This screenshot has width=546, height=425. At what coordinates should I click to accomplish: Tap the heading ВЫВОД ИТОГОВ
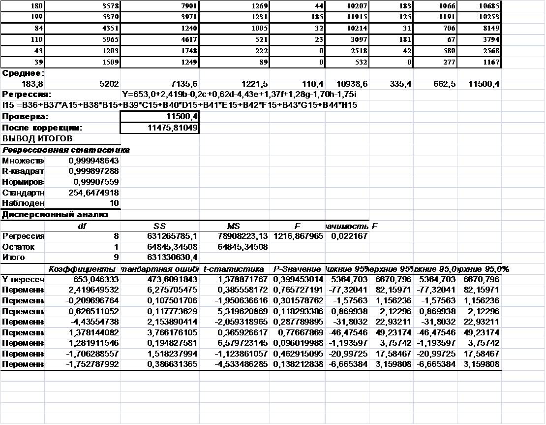coord(37,138)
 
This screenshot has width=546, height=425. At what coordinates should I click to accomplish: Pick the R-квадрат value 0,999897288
coord(94,171)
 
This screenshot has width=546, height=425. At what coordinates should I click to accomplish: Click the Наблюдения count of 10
coord(114,203)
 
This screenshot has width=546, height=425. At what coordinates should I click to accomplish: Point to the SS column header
coord(160,226)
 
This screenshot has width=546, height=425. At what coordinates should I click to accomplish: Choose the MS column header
coord(234,226)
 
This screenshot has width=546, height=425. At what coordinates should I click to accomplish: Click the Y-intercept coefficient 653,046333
coord(94,280)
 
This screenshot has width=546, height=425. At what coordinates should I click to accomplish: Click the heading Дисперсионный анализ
coord(55,215)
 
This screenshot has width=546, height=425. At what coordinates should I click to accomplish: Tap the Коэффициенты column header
coord(82,269)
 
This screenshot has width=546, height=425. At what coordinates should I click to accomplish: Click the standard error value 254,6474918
coord(94,193)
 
